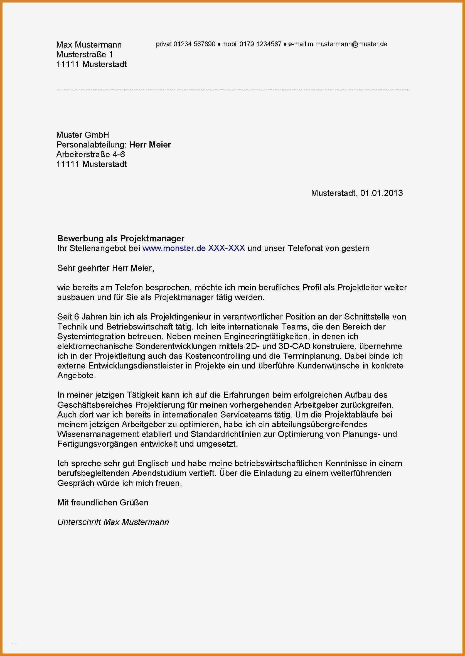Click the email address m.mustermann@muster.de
[347, 44]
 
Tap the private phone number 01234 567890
[194, 44]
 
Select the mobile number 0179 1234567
[260, 44]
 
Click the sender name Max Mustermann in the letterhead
[89, 45]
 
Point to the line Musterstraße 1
[85, 54]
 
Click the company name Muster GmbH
[82, 135]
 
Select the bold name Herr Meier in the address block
[150, 145]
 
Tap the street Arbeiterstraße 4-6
[90, 154]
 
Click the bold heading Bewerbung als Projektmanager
[120, 238]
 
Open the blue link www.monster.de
[174, 248]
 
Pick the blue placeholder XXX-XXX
[226, 248]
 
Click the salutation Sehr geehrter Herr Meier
[105, 268]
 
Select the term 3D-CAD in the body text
[294, 346]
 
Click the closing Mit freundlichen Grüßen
[103, 503]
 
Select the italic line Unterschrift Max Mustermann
[113, 522]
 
